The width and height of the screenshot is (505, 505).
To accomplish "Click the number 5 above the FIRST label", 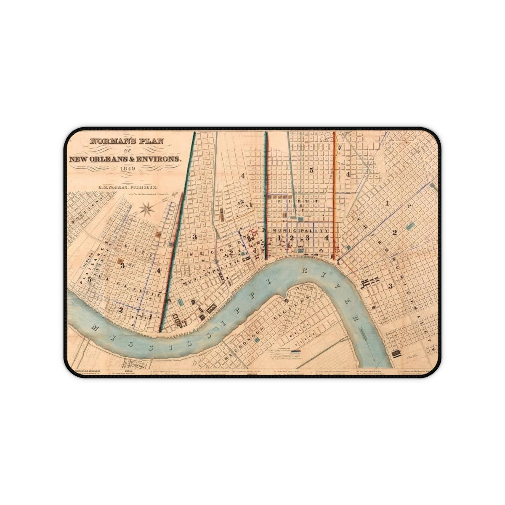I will [x=311, y=170].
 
